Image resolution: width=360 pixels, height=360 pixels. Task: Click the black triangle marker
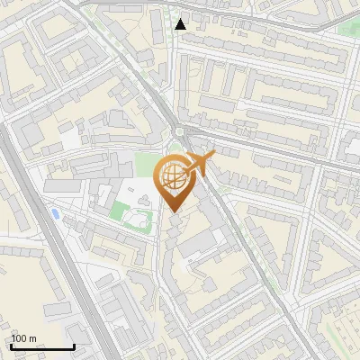tap(181, 24)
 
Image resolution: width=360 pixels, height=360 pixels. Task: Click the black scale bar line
tap(42, 346)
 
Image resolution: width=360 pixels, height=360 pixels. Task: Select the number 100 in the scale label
tap(18, 338)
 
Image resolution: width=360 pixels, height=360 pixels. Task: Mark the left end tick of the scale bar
tap(11, 345)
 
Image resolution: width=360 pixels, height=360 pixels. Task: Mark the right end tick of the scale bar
tap(74, 345)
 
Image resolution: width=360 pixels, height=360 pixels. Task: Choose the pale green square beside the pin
tap(145, 164)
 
